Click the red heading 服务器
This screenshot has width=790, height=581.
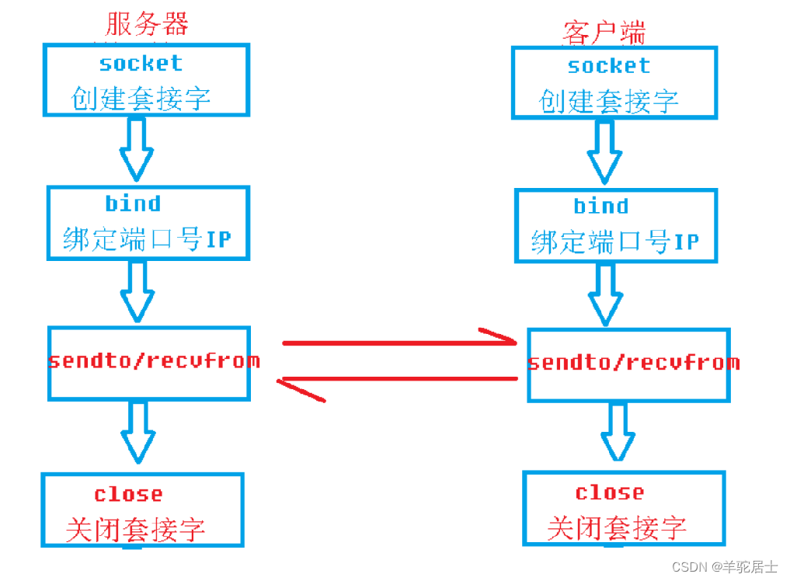[147, 24]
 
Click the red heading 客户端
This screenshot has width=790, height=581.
[604, 32]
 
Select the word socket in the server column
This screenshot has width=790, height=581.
[141, 63]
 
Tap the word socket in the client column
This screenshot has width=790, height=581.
[608, 66]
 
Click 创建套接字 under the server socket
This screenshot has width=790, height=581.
[141, 99]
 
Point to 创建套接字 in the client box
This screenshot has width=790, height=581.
[609, 101]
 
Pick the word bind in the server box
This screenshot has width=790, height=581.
[133, 204]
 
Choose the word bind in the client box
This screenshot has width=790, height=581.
[600, 206]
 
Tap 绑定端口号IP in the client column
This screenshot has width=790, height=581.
[614, 242]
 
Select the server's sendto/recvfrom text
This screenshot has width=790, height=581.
[154, 361]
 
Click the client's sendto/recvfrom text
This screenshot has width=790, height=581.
[633, 363]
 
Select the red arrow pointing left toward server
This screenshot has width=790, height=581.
[399, 380]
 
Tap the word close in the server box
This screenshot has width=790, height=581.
[128, 494]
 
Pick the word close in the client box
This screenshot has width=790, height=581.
[609, 492]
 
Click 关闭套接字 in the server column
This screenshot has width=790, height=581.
[135, 530]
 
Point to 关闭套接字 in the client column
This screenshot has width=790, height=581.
[617, 528]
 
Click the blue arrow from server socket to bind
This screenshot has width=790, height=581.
[137, 150]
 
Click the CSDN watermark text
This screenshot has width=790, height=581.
[724, 566]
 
